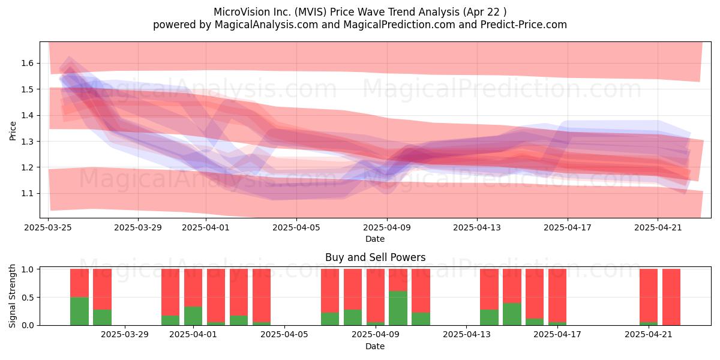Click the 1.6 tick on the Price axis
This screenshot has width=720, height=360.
[28, 63]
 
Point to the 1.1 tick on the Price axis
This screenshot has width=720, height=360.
[28, 193]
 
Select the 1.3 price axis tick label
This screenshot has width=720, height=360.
[28, 142]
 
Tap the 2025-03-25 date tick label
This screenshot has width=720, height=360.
[48, 227]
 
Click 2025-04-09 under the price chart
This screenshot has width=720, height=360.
[386, 227]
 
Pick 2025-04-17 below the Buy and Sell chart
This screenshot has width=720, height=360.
[557, 335]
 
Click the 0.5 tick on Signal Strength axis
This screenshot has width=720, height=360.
[28, 298]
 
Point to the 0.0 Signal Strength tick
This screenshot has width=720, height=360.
[28, 325]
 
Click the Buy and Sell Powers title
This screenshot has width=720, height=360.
[375, 257]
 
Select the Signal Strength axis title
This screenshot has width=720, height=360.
[12, 296]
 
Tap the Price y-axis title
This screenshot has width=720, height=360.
[13, 131]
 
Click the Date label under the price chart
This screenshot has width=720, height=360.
[375, 239]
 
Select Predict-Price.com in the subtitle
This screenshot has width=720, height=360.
[524, 25]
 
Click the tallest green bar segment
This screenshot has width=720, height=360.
[398, 308]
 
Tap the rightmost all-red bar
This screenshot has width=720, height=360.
[671, 297]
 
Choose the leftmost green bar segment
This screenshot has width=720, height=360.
[79, 311]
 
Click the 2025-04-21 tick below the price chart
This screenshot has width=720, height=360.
[658, 227]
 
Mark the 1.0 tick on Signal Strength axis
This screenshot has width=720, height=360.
[28, 269]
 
